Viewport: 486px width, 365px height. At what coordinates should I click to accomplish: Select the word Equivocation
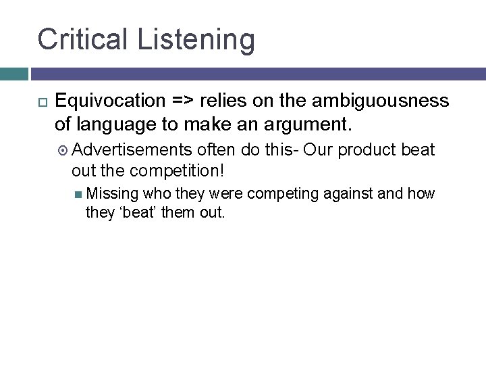pos(110,101)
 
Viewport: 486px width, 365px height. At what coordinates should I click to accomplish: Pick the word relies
pos(222,101)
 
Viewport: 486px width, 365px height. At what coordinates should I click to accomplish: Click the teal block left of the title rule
pos(13,73)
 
